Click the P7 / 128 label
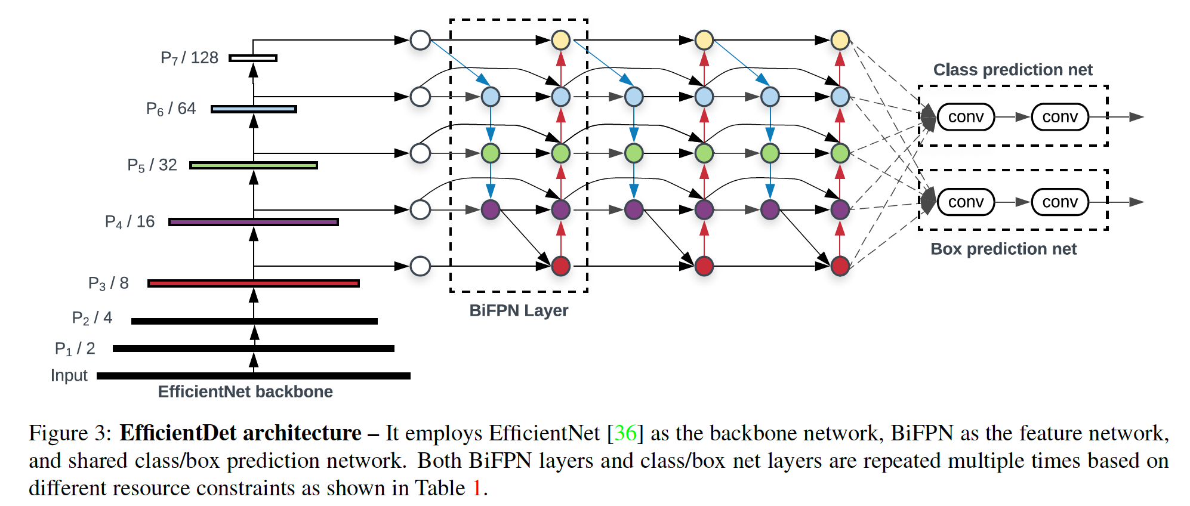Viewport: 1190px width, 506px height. point(189,58)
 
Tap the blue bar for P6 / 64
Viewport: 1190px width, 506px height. point(254,109)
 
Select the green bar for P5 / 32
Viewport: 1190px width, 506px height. point(254,165)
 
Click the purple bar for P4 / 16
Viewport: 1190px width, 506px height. point(254,222)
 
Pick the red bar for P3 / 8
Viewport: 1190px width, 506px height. point(254,283)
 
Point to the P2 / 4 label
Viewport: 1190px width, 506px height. point(92,317)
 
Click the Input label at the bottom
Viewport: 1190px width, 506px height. point(69,375)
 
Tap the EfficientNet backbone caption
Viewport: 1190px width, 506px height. point(245,391)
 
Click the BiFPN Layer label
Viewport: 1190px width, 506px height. point(519,310)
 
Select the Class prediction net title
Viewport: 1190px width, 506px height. point(1013,70)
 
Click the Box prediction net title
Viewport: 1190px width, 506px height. point(1003,249)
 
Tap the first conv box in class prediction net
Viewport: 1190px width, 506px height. point(966,117)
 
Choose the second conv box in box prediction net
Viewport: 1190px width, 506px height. point(1060,202)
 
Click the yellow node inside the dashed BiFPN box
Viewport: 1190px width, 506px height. point(560,40)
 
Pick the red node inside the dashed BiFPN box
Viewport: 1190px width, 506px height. point(560,266)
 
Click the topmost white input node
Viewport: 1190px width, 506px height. point(420,40)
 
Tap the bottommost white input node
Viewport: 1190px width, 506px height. point(420,266)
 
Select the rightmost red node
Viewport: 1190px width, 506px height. point(840,266)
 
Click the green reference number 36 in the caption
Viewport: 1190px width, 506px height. point(625,433)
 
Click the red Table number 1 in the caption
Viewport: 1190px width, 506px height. point(477,488)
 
